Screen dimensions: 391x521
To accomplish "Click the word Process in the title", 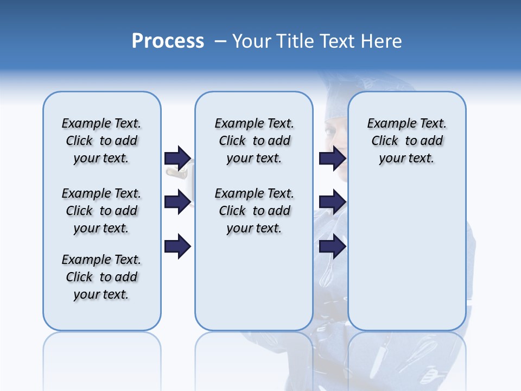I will (168, 41).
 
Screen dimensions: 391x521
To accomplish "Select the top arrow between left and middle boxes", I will (177, 158).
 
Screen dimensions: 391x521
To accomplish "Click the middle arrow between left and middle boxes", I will (177, 202).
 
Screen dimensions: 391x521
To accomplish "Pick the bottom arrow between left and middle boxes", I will (177, 246).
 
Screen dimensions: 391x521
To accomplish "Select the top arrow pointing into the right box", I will (332, 158).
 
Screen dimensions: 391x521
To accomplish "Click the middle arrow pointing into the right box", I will (332, 202).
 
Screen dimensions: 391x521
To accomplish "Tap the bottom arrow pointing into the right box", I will (332, 246).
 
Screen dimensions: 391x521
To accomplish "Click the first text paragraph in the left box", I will (101, 141).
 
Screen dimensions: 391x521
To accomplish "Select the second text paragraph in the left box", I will (101, 211).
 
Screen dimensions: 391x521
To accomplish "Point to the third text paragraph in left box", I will (101, 277).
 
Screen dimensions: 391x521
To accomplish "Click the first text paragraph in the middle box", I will (254, 141).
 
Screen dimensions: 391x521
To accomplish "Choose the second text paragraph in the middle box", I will (254, 211).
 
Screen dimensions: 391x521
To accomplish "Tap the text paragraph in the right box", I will (406, 141).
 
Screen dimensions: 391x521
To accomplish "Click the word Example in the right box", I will (389, 123).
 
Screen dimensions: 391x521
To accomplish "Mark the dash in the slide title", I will (220, 41).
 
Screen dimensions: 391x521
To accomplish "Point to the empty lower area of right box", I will (406, 261).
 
